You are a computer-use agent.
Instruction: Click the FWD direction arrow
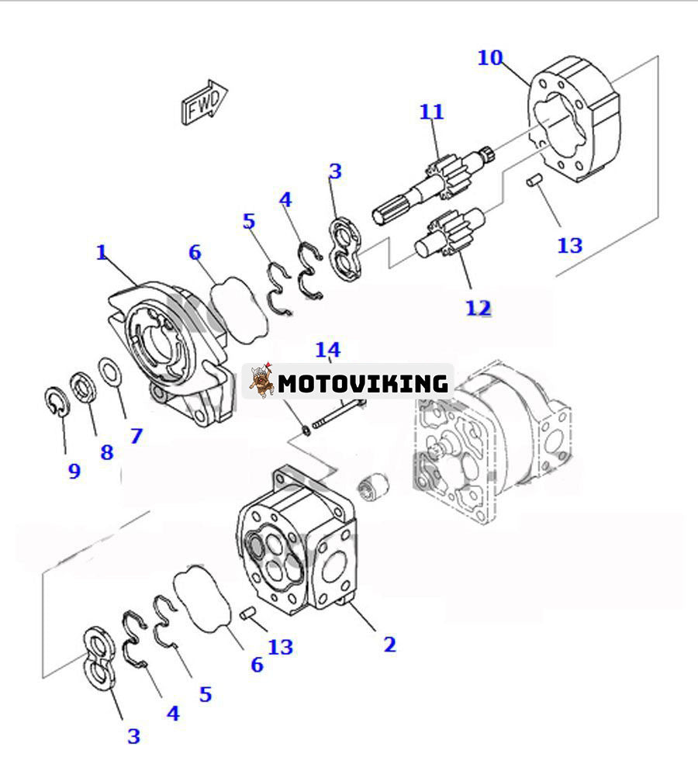click(204, 102)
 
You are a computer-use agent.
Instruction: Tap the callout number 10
click(489, 58)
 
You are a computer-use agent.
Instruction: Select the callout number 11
click(432, 112)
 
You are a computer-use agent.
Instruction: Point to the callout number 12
click(479, 308)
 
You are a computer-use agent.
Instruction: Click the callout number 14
click(327, 350)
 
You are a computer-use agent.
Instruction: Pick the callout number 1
click(101, 252)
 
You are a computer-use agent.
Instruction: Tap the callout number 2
click(389, 644)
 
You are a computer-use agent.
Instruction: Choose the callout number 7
click(136, 436)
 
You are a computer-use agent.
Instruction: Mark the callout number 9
click(74, 471)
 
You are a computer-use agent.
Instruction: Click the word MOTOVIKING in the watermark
click(363, 383)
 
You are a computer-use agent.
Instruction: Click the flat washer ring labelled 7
click(110, 371)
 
